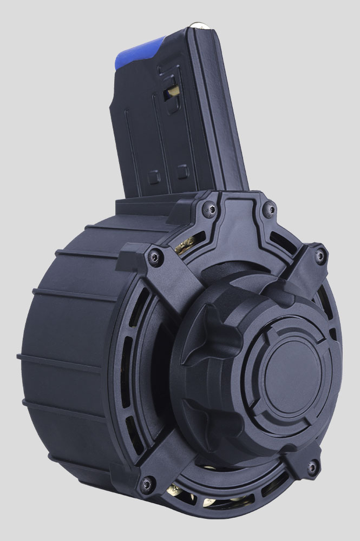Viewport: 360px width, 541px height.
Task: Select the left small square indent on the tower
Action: (153, 176)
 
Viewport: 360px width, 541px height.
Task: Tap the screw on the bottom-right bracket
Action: (311, 466)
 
